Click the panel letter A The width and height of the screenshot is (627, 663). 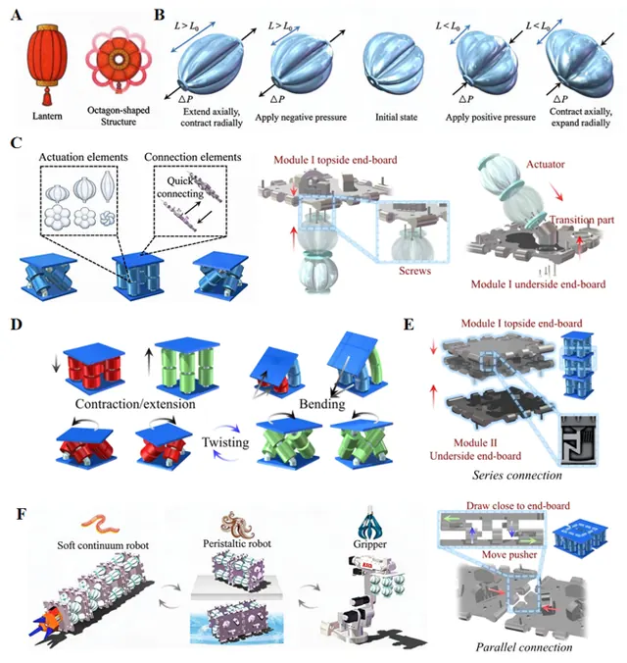[x=17, y=16]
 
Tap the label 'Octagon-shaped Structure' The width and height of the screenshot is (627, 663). [x=119, y=116]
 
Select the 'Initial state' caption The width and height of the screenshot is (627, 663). [x=397, y=117]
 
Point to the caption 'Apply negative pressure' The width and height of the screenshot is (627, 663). [x=301, y=118]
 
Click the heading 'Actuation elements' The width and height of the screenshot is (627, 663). [x=83, y=157]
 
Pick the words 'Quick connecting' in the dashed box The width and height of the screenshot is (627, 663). [x=180, y=187]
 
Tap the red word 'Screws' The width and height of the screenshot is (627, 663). [x=415, y=271]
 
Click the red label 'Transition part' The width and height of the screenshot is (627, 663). [x=582, y=220]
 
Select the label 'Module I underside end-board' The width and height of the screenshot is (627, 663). [x=538, y=284]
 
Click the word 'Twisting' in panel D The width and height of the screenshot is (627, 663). [x=225, y=442]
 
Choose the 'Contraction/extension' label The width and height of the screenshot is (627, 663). [x=135, y=404]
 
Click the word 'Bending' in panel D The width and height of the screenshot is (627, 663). [x=322, y=404]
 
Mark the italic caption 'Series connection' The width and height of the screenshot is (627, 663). [x=517, y=476]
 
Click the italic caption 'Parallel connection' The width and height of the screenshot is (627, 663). [x=524, y=647]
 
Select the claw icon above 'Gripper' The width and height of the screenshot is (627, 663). [x=369, y=523]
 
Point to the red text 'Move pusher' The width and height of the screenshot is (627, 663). [x=509, y=555]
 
